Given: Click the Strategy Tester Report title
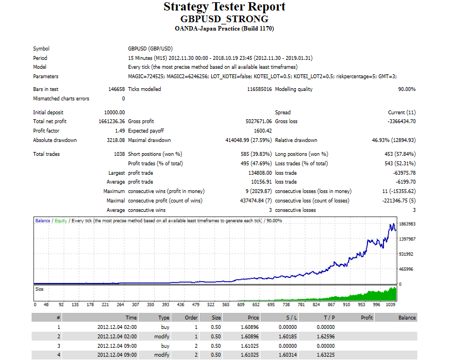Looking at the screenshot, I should click(224, 7).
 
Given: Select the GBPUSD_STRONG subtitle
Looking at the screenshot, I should click(224, 19).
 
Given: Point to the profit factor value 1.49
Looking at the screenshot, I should click(119, 131).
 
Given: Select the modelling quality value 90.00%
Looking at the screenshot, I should click(406, 89).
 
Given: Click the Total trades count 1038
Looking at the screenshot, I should click(119, 154).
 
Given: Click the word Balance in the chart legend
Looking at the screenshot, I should click(43, 221).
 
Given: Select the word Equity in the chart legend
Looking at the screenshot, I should click(61, 221).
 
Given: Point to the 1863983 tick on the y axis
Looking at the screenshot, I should click(407, 224).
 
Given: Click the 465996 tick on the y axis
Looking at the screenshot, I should click(407, 269).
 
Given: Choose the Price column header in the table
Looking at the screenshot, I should click(253, 318).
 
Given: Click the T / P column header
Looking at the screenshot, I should click(329, 318).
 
